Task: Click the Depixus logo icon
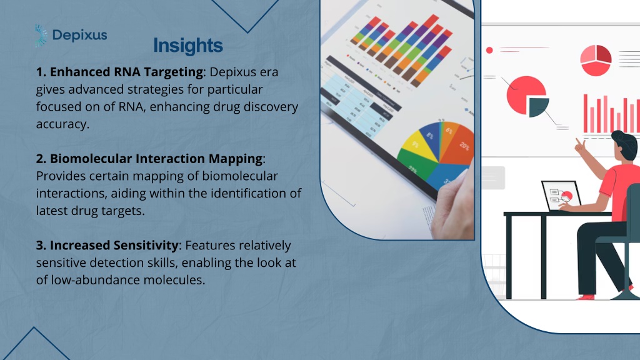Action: pos(41,36)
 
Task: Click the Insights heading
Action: pos(188,45)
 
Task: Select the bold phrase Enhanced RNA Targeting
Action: pos(126,72)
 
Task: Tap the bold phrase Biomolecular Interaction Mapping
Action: pos(156,158)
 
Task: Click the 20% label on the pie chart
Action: pos(464,146)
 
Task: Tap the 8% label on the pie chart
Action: pos(430,135)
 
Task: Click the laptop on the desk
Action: pos(562,196)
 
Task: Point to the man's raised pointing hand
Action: pos(579,145)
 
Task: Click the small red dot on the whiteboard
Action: pos(489,50)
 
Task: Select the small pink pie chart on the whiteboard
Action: pos(596,61)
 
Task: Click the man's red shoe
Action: pos(586,297)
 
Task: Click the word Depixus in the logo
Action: pos(79,36)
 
